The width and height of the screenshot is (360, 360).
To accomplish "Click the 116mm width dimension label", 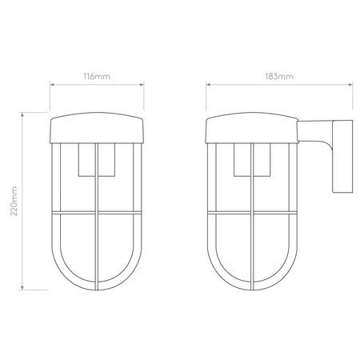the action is (x=97, y=77).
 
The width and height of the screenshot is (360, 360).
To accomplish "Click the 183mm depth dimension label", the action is (x=279, y=77).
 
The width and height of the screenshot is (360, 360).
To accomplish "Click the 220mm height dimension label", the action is (x=14, y=201).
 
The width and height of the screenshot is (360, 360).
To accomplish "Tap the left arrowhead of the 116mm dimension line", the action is (x=52, y=85).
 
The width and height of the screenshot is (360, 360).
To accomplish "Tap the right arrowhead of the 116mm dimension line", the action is (x=142, y=85).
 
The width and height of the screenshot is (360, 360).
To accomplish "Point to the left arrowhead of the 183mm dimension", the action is (x=208, y=85).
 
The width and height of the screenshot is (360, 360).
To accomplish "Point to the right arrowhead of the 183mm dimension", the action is (x=350, y=85).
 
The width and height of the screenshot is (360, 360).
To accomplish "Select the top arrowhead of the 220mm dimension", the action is (x=22, y=115).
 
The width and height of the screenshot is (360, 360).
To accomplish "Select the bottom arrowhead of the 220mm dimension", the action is (x=22, y=287).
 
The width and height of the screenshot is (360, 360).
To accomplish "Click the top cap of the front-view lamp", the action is (x=97, y=127).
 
